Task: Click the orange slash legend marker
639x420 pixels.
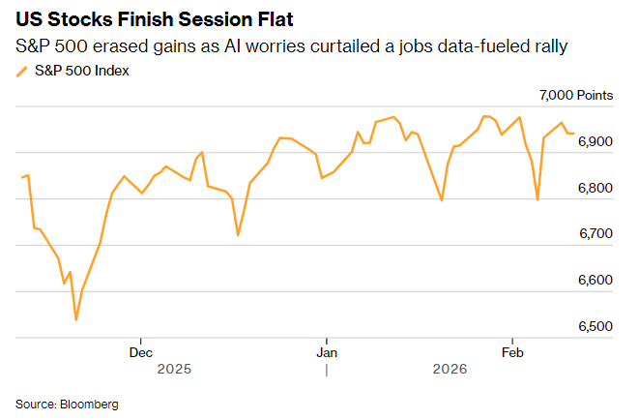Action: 22,71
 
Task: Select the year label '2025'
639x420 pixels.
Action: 174,370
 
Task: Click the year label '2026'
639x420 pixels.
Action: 450,370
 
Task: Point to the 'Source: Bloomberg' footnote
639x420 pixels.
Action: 67,404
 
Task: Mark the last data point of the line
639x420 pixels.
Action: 574,134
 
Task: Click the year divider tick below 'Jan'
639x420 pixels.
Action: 327,370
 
